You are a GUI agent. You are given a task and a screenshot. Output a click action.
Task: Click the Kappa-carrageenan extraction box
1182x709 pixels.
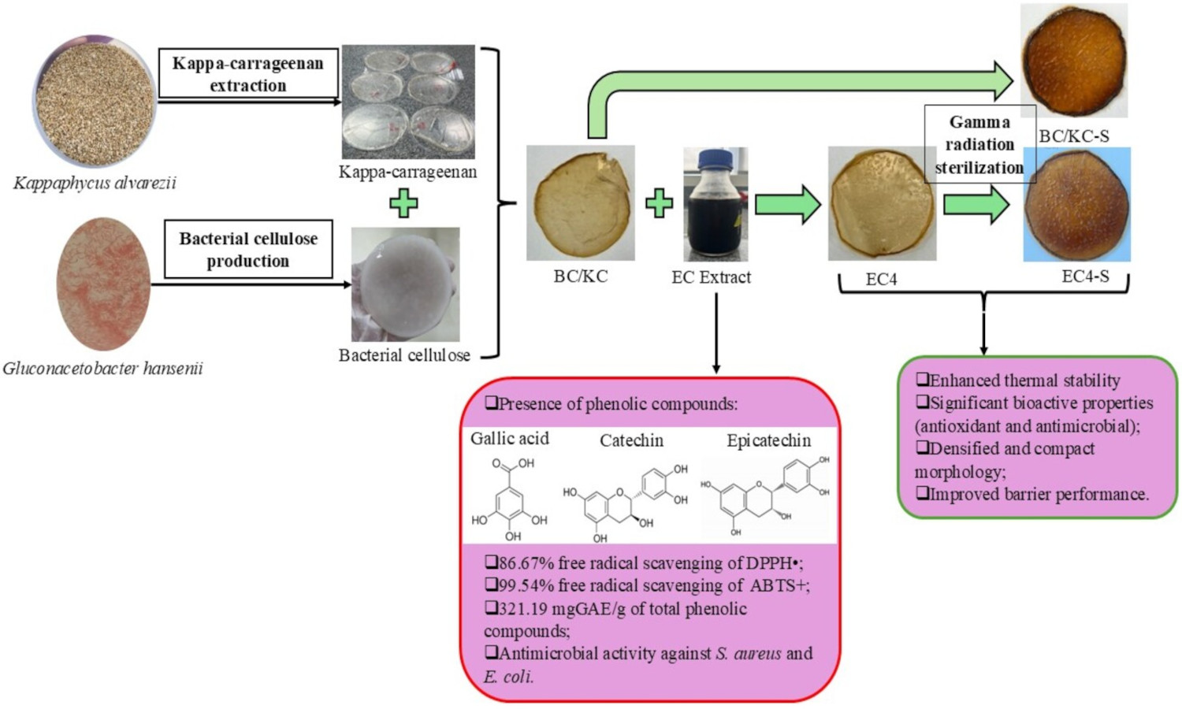point(247,74)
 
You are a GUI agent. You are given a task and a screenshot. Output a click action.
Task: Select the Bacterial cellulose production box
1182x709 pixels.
point(247,249)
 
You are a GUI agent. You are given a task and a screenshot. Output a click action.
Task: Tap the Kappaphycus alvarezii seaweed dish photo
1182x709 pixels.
point(95,101)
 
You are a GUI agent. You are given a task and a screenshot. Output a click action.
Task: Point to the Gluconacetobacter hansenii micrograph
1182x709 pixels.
point(103,284)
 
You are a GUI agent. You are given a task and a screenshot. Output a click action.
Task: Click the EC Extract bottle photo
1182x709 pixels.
point(715,204)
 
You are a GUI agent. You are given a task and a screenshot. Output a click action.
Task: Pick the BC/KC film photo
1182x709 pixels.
point(581,202)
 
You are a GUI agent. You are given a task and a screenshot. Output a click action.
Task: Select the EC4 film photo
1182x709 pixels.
point(882,203)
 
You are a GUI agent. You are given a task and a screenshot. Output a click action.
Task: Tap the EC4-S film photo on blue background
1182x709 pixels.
point(1076,205)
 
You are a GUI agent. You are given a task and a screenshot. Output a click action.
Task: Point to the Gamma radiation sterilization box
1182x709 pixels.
point(979,145)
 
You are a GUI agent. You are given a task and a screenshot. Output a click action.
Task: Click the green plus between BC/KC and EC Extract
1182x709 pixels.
point(659,204)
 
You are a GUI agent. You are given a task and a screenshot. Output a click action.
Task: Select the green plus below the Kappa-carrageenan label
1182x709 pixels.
point(403,203)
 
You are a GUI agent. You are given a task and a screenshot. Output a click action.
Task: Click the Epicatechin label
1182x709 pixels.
point(768,440)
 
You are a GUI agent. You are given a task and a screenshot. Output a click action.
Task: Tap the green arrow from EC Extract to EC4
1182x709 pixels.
point(787,205)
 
